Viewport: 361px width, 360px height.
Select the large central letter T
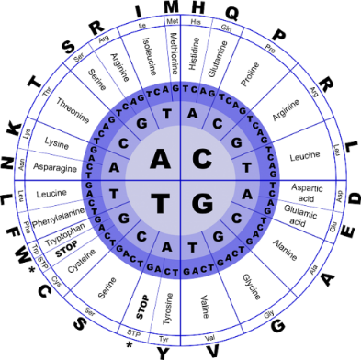pos(160,203)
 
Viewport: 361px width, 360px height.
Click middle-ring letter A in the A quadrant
pos(114,166)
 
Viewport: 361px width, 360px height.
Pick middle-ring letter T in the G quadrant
pos(194,253)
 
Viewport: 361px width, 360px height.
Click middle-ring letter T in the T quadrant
pos(114,195)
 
